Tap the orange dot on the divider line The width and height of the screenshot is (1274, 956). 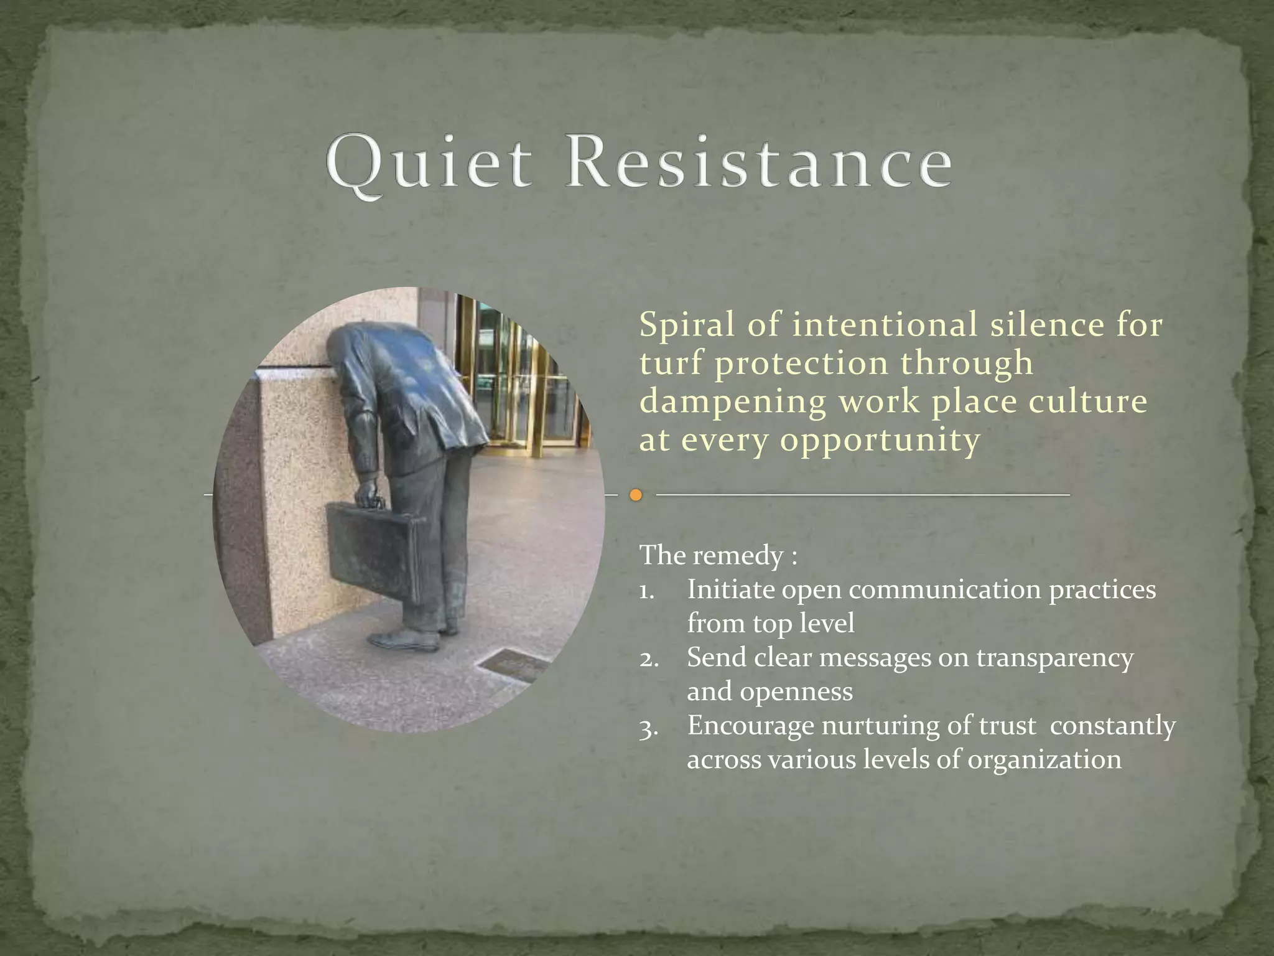tap(635, 495)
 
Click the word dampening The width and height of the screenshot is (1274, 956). tap(733, 403)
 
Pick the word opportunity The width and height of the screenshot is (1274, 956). tap(880, 441)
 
